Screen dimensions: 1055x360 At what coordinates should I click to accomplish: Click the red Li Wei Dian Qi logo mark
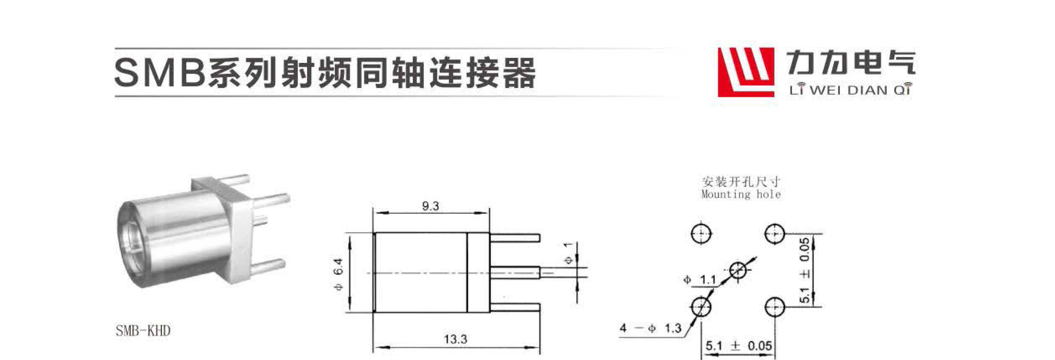745,72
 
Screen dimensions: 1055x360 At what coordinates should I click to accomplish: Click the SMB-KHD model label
143,331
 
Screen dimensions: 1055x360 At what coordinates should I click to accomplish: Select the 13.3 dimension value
456,339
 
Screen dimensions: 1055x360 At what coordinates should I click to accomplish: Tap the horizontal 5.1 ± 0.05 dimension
739,346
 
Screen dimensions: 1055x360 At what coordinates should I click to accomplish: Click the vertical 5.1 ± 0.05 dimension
805,270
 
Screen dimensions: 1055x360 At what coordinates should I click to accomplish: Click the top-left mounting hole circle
701,233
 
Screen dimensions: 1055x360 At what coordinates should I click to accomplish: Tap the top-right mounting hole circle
774,233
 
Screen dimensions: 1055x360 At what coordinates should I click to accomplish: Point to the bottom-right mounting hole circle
774,307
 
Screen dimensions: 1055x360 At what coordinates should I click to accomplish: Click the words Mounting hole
741,194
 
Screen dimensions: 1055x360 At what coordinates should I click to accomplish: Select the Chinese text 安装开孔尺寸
741,181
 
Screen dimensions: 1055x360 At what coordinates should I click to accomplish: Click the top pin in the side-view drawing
515,238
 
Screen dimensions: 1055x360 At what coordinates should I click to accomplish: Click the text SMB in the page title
160,73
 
